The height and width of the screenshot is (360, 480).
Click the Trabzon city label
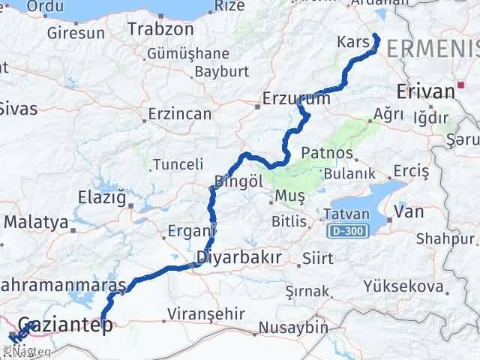pyautogui.click(x=160, y=29)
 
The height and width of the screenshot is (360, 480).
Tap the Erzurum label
pyautogui.click(x=296, y=98)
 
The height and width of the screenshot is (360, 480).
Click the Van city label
pyautogui.click(x=409, y=212)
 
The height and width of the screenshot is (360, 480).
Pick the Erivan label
pyautogui.click(x=425, y=91)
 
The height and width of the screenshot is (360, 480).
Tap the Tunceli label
pyautogui.click(x=178, y=164)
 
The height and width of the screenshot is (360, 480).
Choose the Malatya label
pyautogui.click(x=37, y=223)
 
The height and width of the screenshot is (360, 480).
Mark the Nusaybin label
pyautogui.click(x=294, y=328)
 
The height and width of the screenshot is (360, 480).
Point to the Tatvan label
pyautogui.click(x=346, y=214)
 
